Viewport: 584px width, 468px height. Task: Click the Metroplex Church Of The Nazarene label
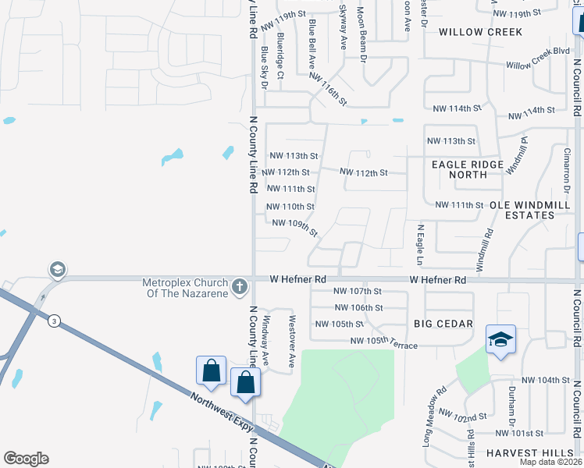[184, 288]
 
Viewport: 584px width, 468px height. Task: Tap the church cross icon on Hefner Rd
[240, 286]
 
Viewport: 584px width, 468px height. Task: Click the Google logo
[26, 459]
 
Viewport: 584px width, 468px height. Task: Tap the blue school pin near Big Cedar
[500, 340]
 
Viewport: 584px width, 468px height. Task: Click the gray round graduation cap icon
[57, 270]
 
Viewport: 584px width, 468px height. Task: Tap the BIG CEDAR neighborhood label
[443, 324]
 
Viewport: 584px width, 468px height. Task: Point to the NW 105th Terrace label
[383, 341]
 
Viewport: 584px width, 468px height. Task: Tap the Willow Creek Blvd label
[538, 58]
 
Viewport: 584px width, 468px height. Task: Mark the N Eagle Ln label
[420, 239]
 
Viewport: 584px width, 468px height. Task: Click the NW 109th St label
[295, 227]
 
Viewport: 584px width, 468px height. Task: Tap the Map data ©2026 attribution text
[550, 462]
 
